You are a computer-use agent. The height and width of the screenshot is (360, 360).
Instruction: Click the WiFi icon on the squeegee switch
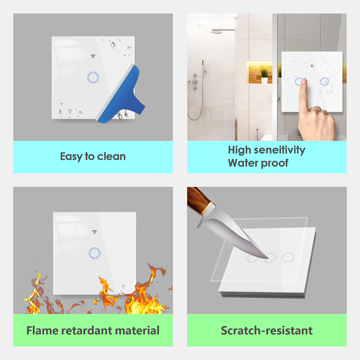tap(93, 56)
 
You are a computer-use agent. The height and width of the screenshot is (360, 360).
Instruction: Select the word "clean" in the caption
tap(111, 157)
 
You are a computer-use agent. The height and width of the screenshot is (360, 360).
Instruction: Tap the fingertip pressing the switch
tap(304, 81)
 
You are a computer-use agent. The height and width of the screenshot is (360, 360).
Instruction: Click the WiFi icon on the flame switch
tap(94, 231)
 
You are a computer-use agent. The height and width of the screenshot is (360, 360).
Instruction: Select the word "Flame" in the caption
tap(42, 330)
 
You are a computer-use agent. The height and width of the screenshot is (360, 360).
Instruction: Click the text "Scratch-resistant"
tap(267, 330)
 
